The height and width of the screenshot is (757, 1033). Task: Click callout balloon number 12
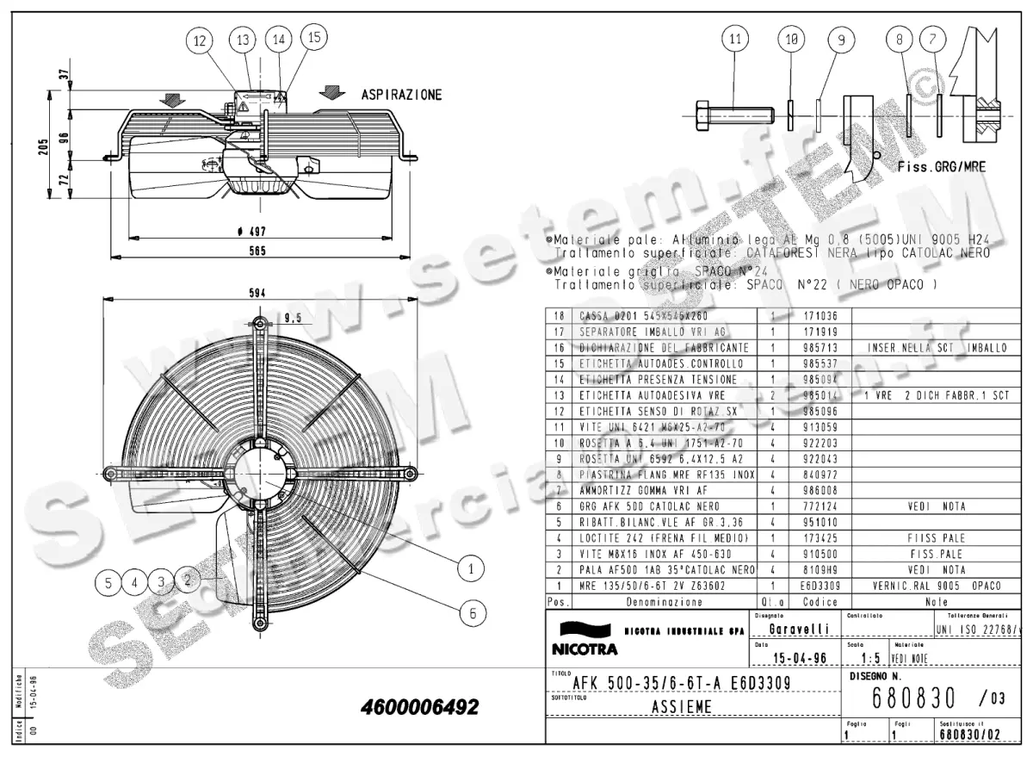tap(201, 40)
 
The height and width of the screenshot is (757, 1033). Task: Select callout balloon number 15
tap(313, 37)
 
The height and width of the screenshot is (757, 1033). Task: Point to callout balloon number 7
tap(932, 39)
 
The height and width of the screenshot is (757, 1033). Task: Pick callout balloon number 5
tap(108, 582)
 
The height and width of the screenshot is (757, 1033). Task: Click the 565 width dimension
tap(257, 251)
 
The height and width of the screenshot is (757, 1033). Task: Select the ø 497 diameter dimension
tap(257, 231)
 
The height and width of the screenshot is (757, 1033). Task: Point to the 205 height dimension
tap(44, 148)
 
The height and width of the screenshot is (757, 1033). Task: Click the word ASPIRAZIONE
tap(401, 94)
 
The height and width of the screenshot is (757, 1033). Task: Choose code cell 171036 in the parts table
tap(802, 316)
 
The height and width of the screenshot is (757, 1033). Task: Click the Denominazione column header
tap(664, 602)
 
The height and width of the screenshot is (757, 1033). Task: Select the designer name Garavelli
tap(799, 630)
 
